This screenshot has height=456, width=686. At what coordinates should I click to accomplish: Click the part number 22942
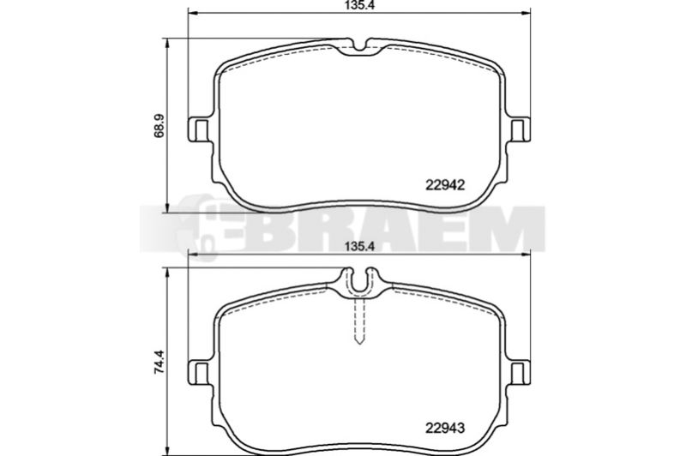(x=444, y=185)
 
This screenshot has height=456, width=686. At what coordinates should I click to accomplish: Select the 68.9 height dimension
(x=159, y=126)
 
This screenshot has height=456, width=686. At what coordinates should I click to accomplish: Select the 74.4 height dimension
(x=159, y=361)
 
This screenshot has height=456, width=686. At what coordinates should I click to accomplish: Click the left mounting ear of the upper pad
(x=199, y=129)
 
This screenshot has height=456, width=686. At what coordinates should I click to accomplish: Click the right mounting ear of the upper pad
(x=520, y=129)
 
